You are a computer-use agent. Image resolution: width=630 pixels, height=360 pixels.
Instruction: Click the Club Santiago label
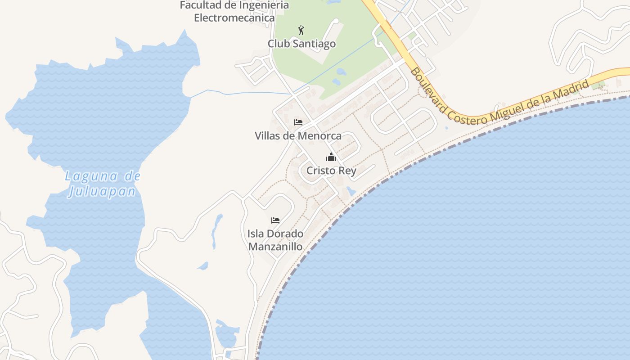click(301, 44)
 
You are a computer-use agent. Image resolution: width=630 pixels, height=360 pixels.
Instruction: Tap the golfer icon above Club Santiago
click(301, 31)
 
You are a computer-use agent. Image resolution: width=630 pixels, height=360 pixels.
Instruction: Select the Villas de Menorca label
click(298, 135)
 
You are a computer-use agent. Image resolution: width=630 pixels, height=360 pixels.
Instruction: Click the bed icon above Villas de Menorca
click(298, 122)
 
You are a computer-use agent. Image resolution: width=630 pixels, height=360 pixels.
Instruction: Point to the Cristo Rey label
click(331, 171)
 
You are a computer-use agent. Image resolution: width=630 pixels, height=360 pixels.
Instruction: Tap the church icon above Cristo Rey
click(331, 157)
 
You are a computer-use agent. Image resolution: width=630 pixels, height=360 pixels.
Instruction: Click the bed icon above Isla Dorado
click(275, 220)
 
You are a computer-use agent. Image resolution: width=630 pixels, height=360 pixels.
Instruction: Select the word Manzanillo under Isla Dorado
click(275, 247)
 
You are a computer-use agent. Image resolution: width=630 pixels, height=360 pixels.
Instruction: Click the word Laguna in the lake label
click(91, 176)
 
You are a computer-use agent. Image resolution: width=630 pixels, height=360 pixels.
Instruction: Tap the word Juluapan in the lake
click(102, 192)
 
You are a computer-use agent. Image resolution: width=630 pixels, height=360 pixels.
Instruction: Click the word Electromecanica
click(234, 18)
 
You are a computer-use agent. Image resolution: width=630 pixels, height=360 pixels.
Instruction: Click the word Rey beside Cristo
click(348, 171)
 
